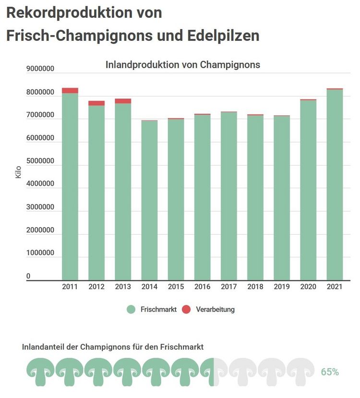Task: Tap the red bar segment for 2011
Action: (70, 90)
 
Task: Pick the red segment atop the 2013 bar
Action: (123, 101)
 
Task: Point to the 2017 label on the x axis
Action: (228, 287)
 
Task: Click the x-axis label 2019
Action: (282, 287)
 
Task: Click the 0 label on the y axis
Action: (28, 276)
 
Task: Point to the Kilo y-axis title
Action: (18, 172)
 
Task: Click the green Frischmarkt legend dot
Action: (132, 310)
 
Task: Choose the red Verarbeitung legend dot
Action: (187, 310)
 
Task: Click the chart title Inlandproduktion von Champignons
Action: (182, 65)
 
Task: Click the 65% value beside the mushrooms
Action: (330, 372)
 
